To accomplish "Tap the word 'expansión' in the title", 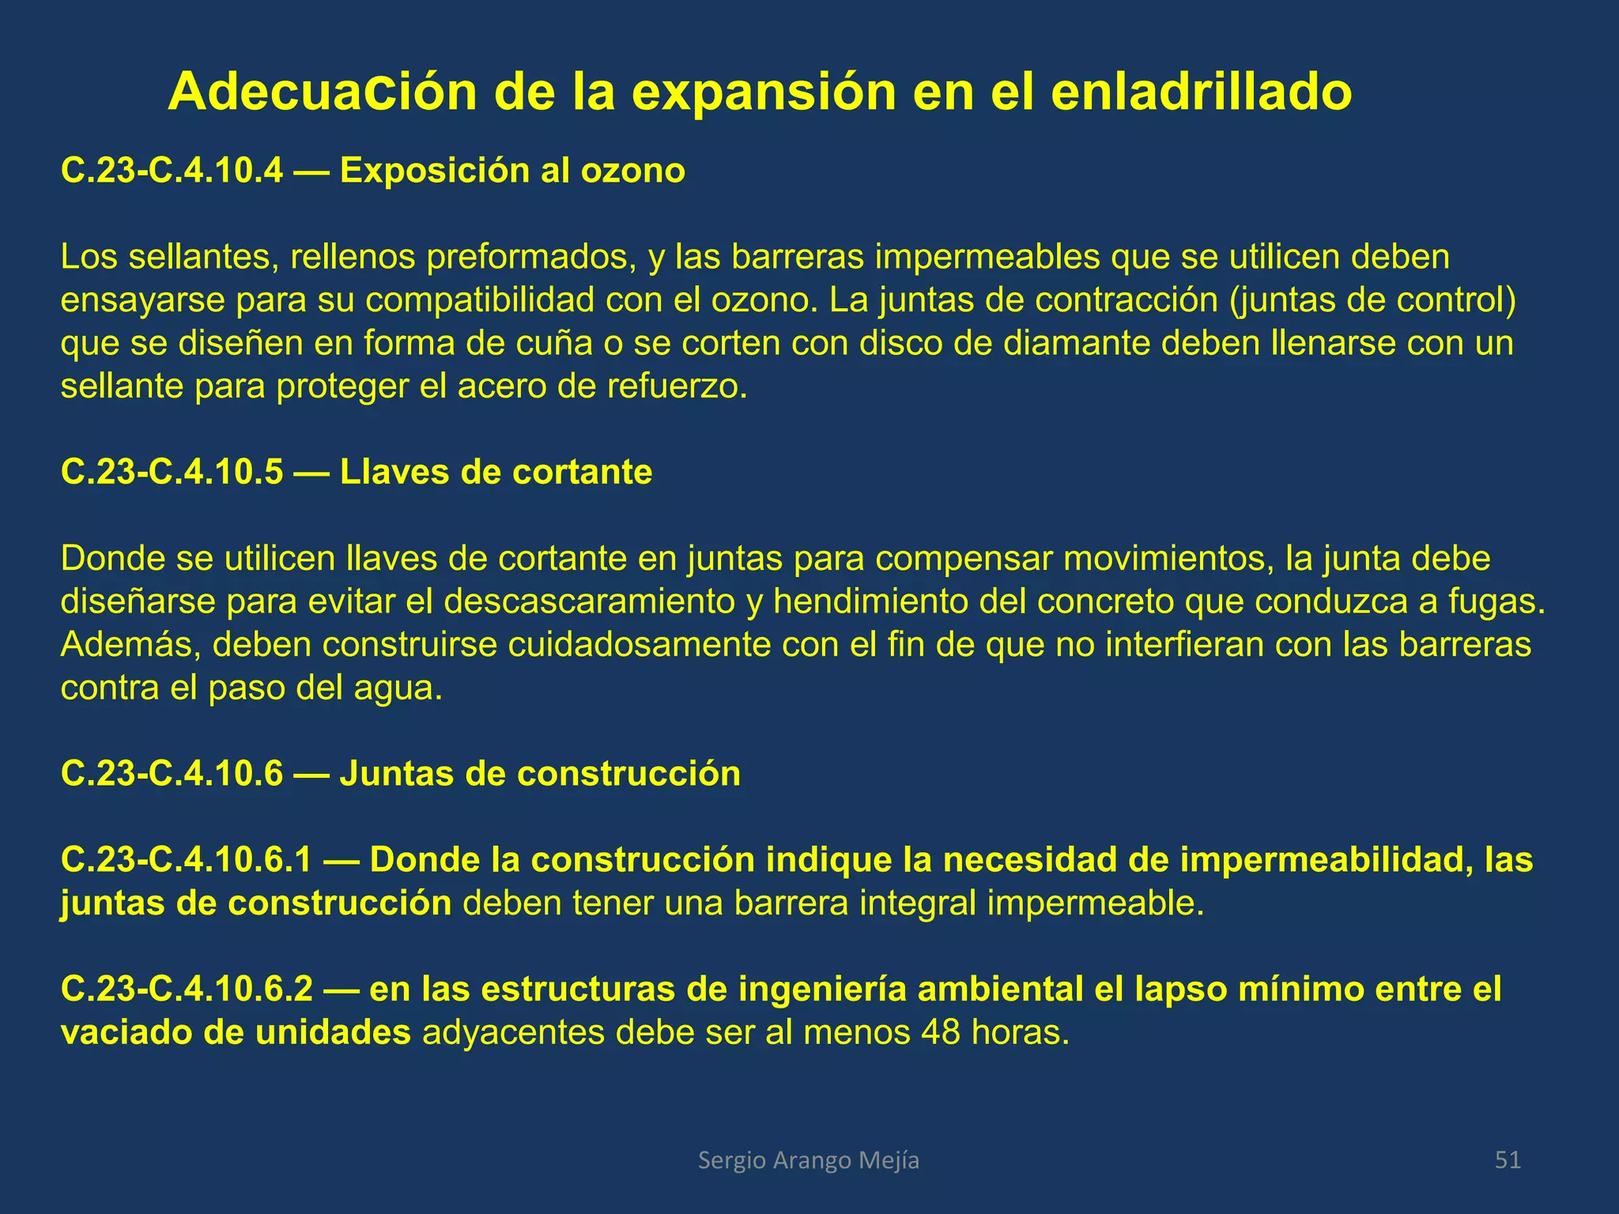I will pyautogui.click(x=764, y=92).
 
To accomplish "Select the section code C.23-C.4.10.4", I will pyautogui.click(x=172, y=171).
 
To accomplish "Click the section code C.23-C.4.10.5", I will pyautogui.click(x=172, y=473).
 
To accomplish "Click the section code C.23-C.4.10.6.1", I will pyautogui.click(x=187, y=860).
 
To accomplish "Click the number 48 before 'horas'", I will pyautogui.click(x=941, y=1032).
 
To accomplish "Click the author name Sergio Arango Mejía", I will pyautogui.click(x=809, y=1160).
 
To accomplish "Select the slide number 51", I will pyautogui.click(x=1508, y=1160).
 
